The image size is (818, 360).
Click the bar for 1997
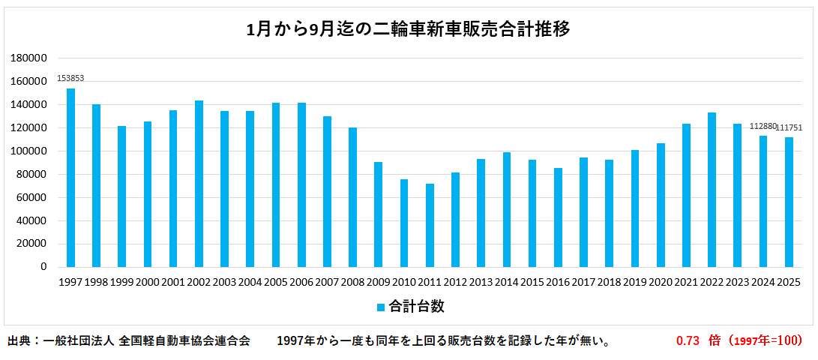(70, 178)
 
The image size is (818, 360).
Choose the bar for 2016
(558, 217)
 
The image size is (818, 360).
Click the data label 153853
(70, 79)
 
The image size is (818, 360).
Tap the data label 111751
(789, 127)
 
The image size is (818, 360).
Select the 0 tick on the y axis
(43, 267)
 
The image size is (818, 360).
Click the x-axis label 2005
(276, 282)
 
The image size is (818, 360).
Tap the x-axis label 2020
(661, 282)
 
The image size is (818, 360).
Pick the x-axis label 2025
(789, 282)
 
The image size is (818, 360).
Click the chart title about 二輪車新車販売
(409, 29)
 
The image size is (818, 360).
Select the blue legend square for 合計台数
(381, 307)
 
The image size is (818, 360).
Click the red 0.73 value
(688, 340)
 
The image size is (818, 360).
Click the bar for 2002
(199, 184)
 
